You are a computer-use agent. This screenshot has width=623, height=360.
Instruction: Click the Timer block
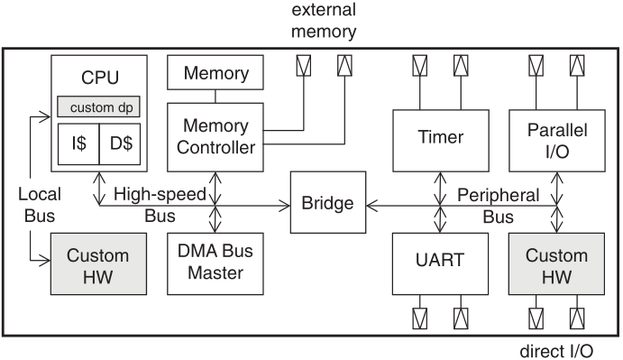coord(440,138)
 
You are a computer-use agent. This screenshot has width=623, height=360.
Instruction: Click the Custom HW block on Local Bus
coord(99,263)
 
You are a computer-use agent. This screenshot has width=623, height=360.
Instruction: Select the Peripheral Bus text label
coord(499,207)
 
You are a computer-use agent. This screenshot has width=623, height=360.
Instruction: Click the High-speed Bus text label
coord(160,207)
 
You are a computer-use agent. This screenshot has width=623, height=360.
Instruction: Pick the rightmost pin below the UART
coord(460,319)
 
